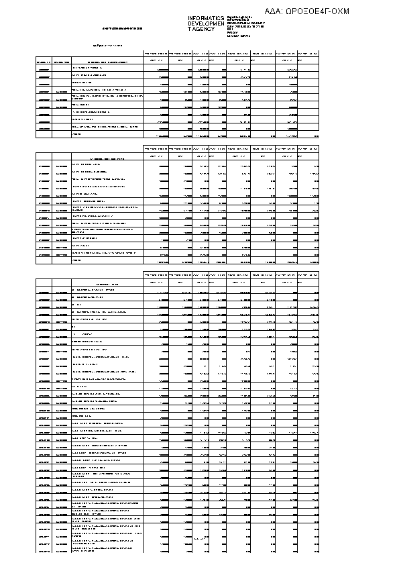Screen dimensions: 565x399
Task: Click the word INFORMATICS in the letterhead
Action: tap(206, 19)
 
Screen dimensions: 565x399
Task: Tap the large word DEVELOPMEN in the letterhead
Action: tap(206, 24)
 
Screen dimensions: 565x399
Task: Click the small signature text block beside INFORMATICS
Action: tap(246, 26)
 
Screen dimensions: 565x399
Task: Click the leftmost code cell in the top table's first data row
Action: tap(44, 68)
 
